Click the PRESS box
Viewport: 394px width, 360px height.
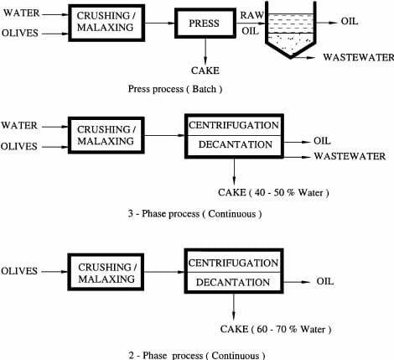click(x=205, y=23)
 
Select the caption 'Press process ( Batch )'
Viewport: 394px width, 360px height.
click(x=175, y=89)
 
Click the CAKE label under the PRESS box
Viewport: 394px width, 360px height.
click(x=205, y=70)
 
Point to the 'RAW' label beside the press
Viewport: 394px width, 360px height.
click(x=252, y=15)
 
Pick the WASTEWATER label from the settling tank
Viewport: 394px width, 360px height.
click(x=358, y=57)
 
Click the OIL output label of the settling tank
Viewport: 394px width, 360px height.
click(x=350, y=21)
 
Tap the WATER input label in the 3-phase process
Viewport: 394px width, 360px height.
click(x=19, y=125)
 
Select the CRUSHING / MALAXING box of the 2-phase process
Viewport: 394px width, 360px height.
click(x=106, y=272)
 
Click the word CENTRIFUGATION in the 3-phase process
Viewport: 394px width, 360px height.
click(x=234, y=125)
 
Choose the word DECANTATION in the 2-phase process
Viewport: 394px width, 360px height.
click(x=233, y=282)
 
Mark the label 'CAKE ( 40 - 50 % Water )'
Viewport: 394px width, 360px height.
click(x=273, y=192)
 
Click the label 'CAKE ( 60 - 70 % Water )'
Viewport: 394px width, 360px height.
click(x=276, y=329)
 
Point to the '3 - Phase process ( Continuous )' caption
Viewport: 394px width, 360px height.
click(x=195, y=214)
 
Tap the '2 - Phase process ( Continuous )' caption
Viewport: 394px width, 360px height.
click(x=197, y=355)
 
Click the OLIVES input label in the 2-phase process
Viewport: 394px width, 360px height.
click(x=19, y=271)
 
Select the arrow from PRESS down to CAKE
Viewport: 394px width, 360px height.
click(x=205, y=51)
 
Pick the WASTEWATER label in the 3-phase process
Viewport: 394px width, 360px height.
click(x=350, y=156)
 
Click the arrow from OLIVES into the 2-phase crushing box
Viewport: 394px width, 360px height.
click(x=54, y=271)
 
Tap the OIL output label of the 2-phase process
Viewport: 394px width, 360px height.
click(x=325, y=281)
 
